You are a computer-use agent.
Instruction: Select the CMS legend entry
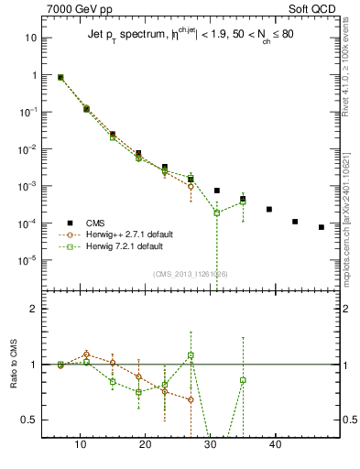pos(95,223)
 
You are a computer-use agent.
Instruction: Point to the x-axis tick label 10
pos(81,443)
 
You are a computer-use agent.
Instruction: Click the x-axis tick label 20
pos(146,443)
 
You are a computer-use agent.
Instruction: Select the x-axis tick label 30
pos(211,443)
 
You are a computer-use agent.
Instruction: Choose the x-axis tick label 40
pos(276,443)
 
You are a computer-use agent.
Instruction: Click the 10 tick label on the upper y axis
pos(31,38)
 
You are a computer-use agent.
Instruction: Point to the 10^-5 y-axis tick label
pos(29,260)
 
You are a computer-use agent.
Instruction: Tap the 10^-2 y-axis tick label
pos(29,149)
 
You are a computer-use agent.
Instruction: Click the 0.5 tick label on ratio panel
pos(29,420)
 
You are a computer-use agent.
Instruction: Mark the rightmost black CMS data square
pos(322,227)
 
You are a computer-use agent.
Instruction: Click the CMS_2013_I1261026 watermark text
pos(191,274)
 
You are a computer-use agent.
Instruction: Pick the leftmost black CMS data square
pos(60,78)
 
